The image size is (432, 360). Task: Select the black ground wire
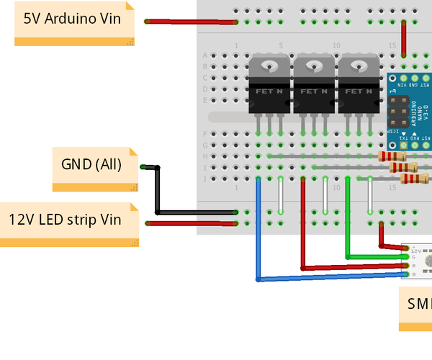point(194,212)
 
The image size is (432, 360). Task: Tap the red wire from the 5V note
point(192,22)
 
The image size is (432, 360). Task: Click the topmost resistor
point(392,156)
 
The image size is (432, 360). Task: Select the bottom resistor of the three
point(414,179)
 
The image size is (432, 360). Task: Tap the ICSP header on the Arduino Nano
point(397,111)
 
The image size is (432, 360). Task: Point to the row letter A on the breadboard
point(205,55)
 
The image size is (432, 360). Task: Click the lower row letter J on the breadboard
point(205,179)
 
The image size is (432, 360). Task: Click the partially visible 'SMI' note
point(416,305)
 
